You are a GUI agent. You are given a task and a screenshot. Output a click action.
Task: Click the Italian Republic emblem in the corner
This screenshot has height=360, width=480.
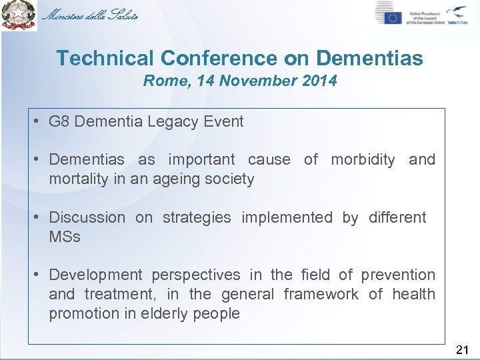click(x=19, y=15)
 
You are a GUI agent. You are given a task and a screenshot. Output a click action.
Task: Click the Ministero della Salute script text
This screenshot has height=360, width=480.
click(x=90, y=15)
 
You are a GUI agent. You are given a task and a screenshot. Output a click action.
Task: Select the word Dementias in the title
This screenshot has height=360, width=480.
click(x=369, y=58)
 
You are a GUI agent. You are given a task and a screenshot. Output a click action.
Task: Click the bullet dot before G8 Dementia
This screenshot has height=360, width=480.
click(x=39, y=121)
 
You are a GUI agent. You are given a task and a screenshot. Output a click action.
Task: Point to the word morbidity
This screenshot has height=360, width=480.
click(x=363, y=159)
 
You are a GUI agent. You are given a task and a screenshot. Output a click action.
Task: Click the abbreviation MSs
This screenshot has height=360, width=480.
click(x=64, y=237)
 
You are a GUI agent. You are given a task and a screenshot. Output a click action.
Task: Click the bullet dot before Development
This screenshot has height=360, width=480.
click(x=39, y=275)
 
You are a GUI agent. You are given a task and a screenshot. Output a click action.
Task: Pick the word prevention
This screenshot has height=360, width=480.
click(x=398, y=275)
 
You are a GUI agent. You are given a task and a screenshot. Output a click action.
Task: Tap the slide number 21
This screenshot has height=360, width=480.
click(x=463, y=349)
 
